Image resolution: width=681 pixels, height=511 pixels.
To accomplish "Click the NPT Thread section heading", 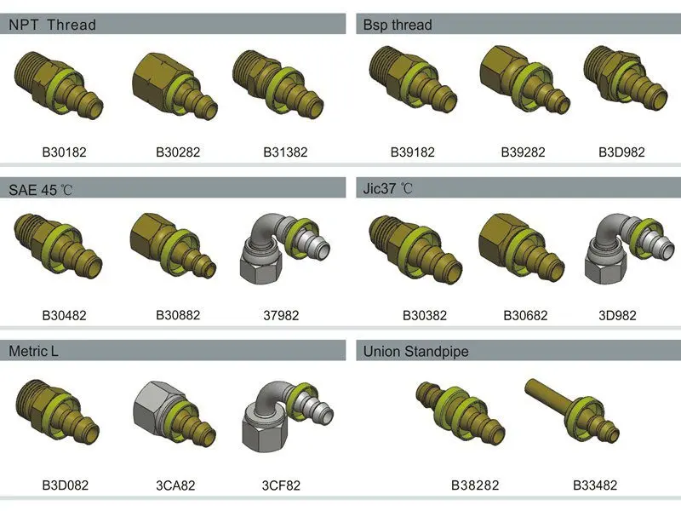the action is (52, 25).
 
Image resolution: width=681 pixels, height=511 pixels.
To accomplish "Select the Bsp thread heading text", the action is (398, 25).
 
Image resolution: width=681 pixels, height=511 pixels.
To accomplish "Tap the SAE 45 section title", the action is (40, 189).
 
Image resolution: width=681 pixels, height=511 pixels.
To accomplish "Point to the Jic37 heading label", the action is (387, 188).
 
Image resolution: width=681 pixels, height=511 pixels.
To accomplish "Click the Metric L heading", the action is (33, 351).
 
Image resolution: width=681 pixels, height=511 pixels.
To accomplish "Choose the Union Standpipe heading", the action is (415, 351).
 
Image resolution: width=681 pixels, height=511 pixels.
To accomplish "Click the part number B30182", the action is (65, 152).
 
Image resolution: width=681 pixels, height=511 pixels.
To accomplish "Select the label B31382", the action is (285, 152).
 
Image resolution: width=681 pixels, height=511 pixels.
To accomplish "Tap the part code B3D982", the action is (621, 152).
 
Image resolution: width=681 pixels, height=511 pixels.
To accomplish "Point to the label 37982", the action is (281, 315).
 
